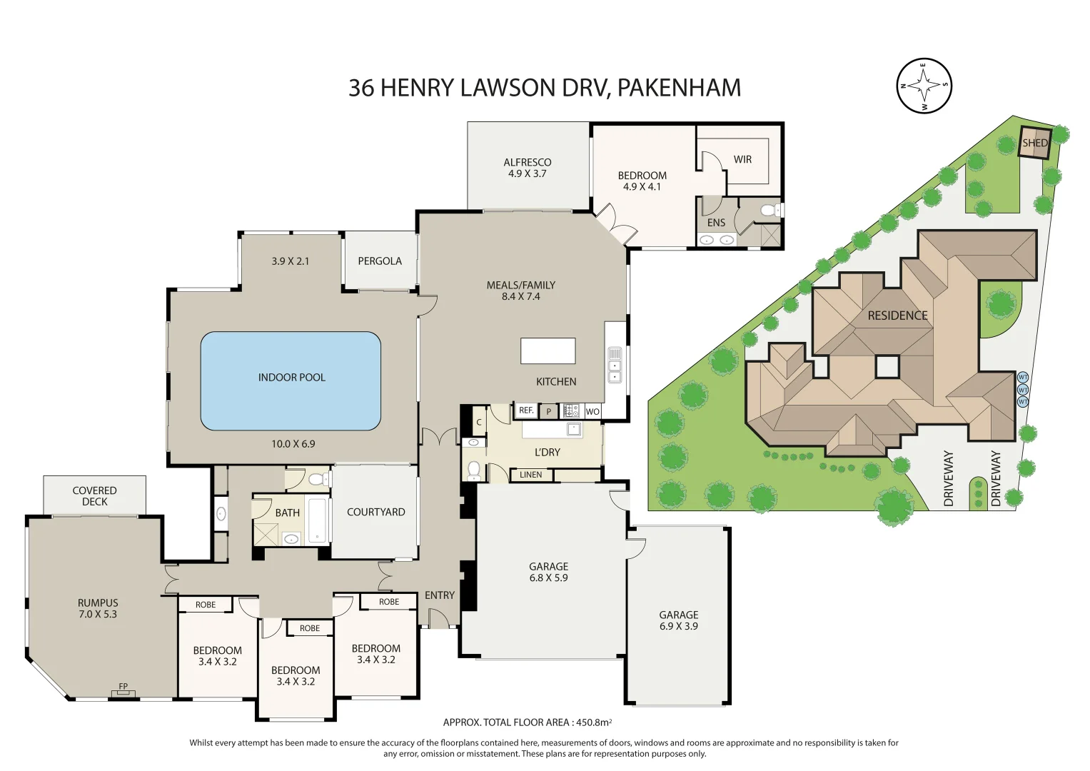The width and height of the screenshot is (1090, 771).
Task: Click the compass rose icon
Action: tap(924, 86)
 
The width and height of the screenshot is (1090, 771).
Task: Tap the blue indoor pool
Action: tap(291, 381)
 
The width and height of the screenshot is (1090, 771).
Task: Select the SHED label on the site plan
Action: tap(1034, 143)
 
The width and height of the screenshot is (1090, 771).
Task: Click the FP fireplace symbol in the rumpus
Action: tap(123, 690)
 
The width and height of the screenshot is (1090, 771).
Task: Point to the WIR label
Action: tap(742, 159)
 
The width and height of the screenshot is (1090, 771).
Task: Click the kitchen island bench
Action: tap(547, 351)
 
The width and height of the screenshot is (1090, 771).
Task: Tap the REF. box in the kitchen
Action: tap(526, 410)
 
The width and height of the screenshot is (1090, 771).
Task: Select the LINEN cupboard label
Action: tap(530, 475)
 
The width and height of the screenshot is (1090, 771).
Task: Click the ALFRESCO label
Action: tap(527, 162)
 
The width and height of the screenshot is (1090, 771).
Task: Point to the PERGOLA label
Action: tap(380, 261)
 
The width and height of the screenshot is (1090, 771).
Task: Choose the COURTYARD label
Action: tap(375, 512)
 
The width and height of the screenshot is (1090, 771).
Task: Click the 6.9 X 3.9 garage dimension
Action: tap(678, 626)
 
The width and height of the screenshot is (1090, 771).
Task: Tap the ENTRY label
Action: tap(439, 595)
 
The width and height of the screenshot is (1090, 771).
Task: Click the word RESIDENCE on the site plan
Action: tap(897, 316)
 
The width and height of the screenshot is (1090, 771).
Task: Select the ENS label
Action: tap(716, 223)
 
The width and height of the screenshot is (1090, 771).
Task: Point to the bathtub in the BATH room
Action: tap(318, 520)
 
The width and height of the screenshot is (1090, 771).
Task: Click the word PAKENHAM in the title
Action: tap(678, 88)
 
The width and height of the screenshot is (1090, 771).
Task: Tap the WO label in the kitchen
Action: tap(592, 412)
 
